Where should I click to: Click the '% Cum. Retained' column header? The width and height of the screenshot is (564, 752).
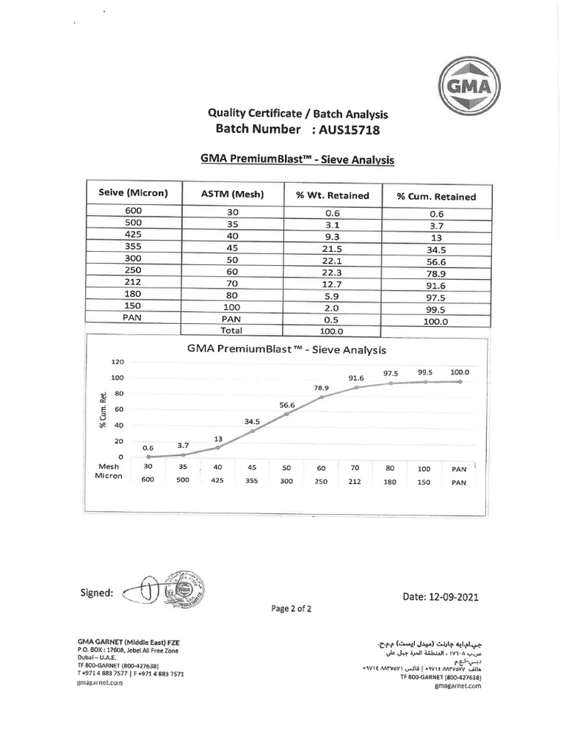(x=435, y=196)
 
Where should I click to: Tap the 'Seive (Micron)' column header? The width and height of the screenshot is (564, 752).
(x=133, y=194)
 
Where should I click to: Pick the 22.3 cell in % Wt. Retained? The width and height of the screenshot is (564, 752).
(x=332, y=272)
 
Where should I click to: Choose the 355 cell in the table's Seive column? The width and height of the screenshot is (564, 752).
(x=133, y=247)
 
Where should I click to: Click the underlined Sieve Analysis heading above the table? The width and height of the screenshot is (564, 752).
(x=297, y=159)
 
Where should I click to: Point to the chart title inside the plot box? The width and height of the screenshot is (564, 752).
(x=286, y=350)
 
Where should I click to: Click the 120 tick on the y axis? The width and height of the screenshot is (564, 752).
(x=117, y=362)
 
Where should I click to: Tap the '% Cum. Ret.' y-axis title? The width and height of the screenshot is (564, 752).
(x=104, y=409)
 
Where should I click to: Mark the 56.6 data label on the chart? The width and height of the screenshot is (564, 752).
(x=286, y=405)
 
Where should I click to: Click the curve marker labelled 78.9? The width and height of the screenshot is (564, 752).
(x=321, y=397)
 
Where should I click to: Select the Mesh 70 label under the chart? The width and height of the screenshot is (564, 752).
(x=355, y=467)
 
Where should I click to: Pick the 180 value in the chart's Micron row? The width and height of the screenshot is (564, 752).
(x=390, y=482)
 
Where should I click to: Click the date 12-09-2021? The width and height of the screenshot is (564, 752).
(x=441, y=597)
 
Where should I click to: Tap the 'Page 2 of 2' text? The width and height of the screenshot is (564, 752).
(x=291, y=609)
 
